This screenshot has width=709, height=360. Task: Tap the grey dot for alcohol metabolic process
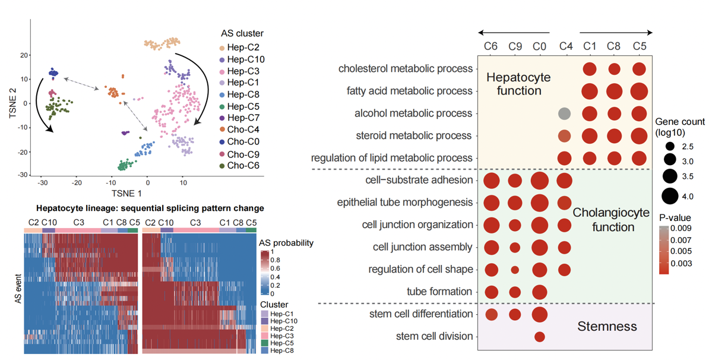[x=564, y=113]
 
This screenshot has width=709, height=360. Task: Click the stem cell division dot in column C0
[x=539, y=337]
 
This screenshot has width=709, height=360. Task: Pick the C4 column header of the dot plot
[x=565, y=46]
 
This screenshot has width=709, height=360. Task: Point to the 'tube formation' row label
[x=439, y=292]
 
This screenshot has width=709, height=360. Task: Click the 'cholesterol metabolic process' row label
[x=406, y=69]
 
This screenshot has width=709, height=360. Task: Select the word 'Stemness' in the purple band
[x=607, y=326]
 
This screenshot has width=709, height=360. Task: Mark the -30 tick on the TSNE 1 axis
[x=42, y=184]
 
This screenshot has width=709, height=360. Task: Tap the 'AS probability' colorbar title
[x=286, y=243]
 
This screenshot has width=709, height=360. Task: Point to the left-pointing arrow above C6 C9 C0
[x=514, y=33]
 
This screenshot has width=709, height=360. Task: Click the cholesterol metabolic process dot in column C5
[x=639, y=69]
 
